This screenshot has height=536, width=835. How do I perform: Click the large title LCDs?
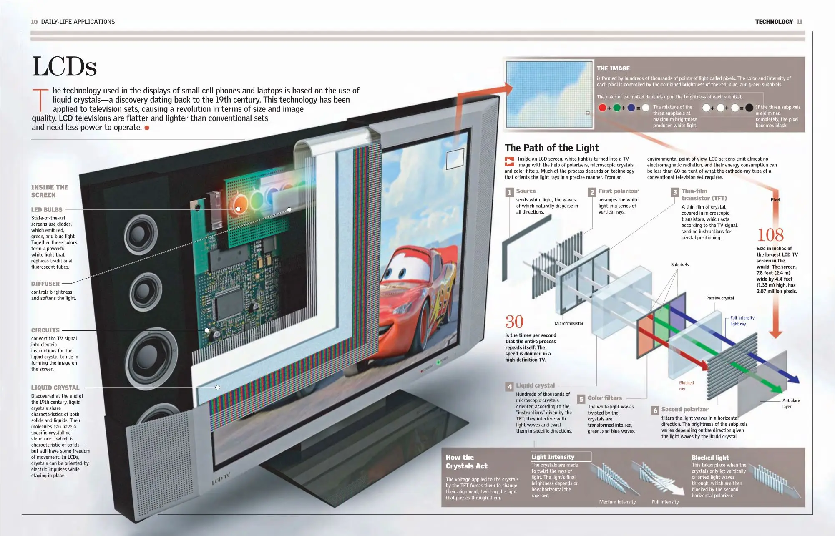[64, 67]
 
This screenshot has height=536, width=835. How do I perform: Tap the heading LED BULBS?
[47, 210]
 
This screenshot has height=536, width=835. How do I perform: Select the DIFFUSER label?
[45, 284]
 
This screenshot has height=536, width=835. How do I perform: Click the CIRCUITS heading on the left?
[45, 330]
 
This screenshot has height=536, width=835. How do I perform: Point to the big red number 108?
[770, 235]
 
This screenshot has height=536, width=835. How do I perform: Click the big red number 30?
[514, 322]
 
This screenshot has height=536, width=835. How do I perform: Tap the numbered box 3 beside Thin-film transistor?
[675, 192]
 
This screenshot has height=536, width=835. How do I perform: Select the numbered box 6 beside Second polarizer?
[655, 410]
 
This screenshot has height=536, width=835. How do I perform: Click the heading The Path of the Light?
[551, 148]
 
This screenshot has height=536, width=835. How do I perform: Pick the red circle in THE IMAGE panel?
[602, 108]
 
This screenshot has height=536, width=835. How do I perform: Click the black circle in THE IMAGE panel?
[749, 108]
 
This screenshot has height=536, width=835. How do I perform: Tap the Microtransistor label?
[569, 324]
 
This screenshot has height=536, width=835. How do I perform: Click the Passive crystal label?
[720, 298]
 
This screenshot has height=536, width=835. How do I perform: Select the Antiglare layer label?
[791, 403]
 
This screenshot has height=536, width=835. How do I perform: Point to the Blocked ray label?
[686, 386]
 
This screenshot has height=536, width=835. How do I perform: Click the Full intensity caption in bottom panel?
[665, 502]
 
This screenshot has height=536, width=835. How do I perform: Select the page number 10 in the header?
[34, 22]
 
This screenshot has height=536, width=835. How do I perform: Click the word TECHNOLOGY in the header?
[774, 22]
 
